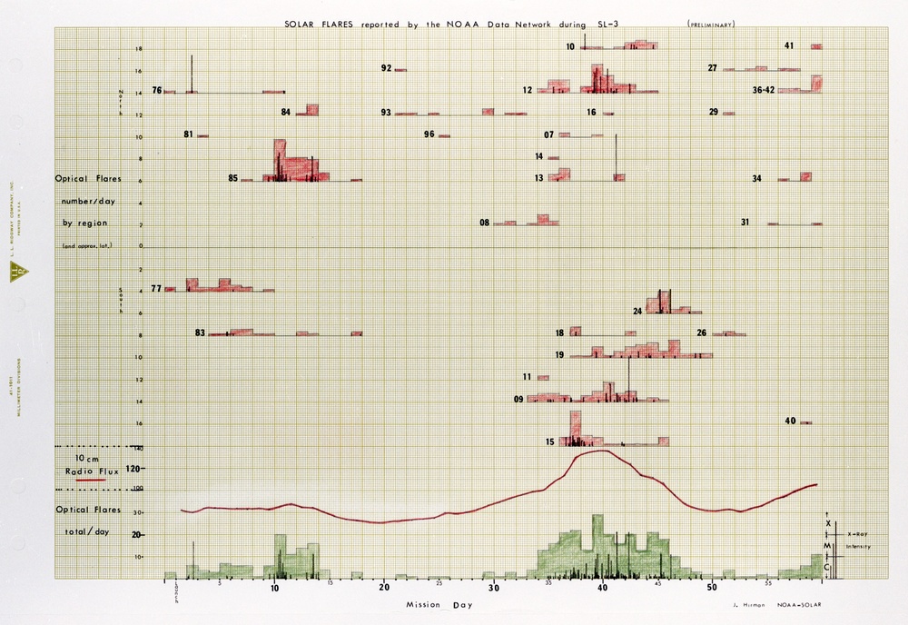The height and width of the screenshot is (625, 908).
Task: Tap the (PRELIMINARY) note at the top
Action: [711, 23]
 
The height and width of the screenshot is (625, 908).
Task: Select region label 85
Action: [233, 178]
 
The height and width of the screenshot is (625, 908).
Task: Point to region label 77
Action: [156, 288]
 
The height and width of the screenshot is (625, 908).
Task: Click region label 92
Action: [387, 68]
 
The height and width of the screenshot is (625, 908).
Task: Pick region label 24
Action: [638, 311]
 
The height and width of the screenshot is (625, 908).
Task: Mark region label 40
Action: [790, 421]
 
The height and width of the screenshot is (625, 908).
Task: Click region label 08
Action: [485, 223]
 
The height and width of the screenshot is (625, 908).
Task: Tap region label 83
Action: [200, 332]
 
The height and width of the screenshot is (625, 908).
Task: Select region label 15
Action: [550, 442]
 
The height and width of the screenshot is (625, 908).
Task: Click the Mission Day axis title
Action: [426, 603]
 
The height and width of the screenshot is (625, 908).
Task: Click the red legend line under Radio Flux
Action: [92, 480]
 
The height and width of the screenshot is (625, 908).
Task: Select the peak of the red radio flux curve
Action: [600, 451]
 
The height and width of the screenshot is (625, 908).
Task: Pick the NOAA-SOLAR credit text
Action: [799, 603]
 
